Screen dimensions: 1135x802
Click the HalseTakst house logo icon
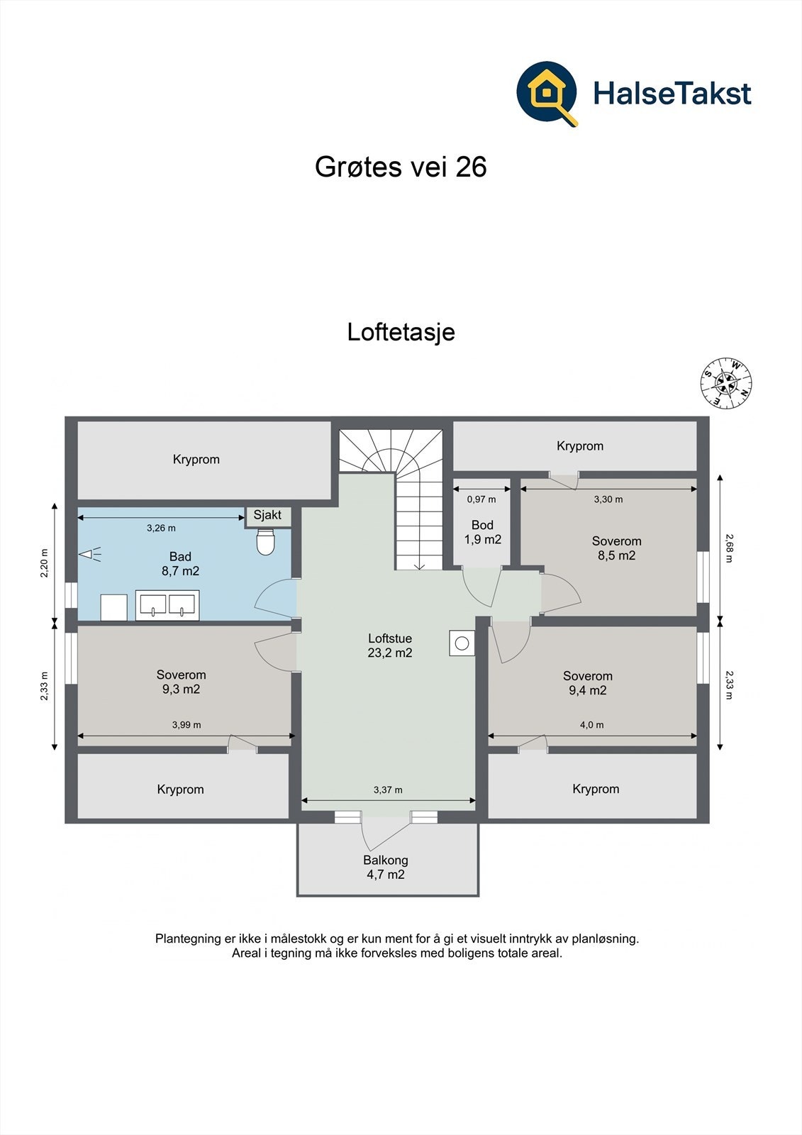[x=547, y=93]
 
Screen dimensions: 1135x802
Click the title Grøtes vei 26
[x=401, y=167]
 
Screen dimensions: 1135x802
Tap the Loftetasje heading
[x=401, y=332]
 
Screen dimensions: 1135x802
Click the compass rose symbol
[x=726, y=384]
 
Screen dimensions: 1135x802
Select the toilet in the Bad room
[x=265, y=543]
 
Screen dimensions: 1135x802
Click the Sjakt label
[x=267, y=516]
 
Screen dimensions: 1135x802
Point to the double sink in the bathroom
[x=167, y=605]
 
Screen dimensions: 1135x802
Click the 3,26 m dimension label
[x=161, y=528]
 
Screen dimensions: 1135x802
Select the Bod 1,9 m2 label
[x=482, y=532]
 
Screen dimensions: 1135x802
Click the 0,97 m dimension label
[x=481, y=499]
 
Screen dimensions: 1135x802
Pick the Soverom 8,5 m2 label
[x=616, y=548]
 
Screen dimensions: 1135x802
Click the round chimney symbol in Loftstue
[x=462, y=643]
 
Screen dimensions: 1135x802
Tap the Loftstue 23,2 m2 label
[x=390, y=646]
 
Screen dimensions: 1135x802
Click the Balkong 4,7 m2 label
[x=386, y=867]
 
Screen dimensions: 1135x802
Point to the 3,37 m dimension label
[x=388, y=790]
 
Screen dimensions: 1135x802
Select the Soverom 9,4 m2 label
[x=588, y=683]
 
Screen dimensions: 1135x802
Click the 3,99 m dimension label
[x=186, y=725]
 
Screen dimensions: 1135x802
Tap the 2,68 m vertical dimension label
[x=728, y=548]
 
